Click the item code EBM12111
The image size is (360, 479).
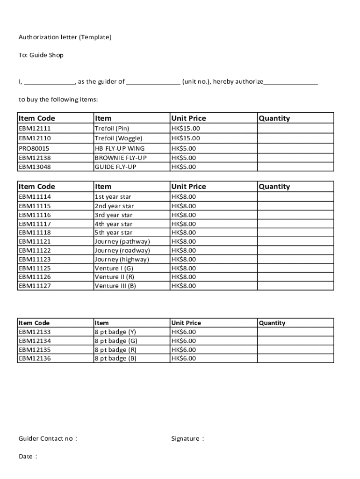coord(35,129)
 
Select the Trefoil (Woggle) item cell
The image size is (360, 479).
coord(118,138)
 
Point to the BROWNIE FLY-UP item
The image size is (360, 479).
coord(121,158)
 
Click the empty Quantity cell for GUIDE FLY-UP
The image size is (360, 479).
coord(295,167)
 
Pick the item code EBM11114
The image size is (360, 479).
coord(35,197)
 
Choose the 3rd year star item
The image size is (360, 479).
coord(114,215)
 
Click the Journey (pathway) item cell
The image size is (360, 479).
coord(122,242)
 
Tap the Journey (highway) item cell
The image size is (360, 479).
coord(122,259)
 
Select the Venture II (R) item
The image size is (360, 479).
coord(115,277)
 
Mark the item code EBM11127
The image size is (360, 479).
coord(35,286)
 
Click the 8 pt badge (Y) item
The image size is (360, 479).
coord(115,332)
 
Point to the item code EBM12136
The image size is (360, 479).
coord(35,359)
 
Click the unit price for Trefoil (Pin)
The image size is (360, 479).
coord(186,129)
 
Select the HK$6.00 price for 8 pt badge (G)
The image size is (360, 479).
coord(184,341)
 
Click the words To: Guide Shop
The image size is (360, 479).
coord(41,55)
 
